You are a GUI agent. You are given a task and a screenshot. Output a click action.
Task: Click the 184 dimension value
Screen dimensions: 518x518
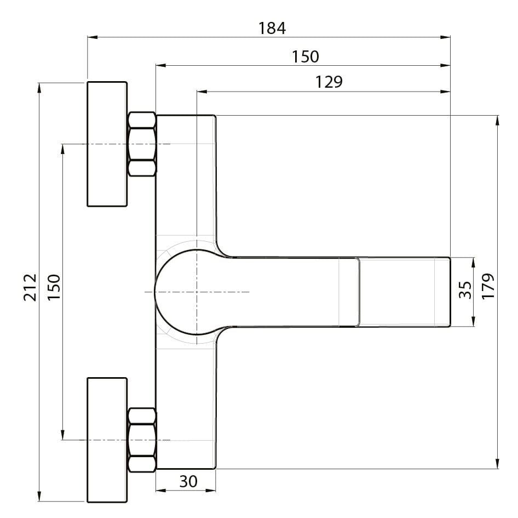click(x=272, y=28)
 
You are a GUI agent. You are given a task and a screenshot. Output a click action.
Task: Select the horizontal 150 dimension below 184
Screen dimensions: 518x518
click(x=305, y=56)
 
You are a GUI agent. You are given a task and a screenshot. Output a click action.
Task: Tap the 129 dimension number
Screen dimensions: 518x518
click(x=329, y=82)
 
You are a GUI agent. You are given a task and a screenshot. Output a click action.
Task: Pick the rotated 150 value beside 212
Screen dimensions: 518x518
click(x=54, y=286)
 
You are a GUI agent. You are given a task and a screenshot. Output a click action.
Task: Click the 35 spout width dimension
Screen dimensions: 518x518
click(x=464, y=291)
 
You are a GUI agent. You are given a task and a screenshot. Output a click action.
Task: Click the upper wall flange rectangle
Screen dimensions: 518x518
click(x=107, y=144)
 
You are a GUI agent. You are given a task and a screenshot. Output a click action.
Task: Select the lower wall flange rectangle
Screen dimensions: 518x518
click(x=107, y=440)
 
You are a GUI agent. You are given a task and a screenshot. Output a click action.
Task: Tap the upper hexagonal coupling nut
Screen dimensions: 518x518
click(x=142, y=144)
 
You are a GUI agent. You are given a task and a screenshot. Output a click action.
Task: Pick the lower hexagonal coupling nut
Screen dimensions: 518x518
click(x=142, y=440)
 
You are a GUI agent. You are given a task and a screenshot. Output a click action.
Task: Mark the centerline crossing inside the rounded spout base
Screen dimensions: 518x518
click(x=197, y=292)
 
